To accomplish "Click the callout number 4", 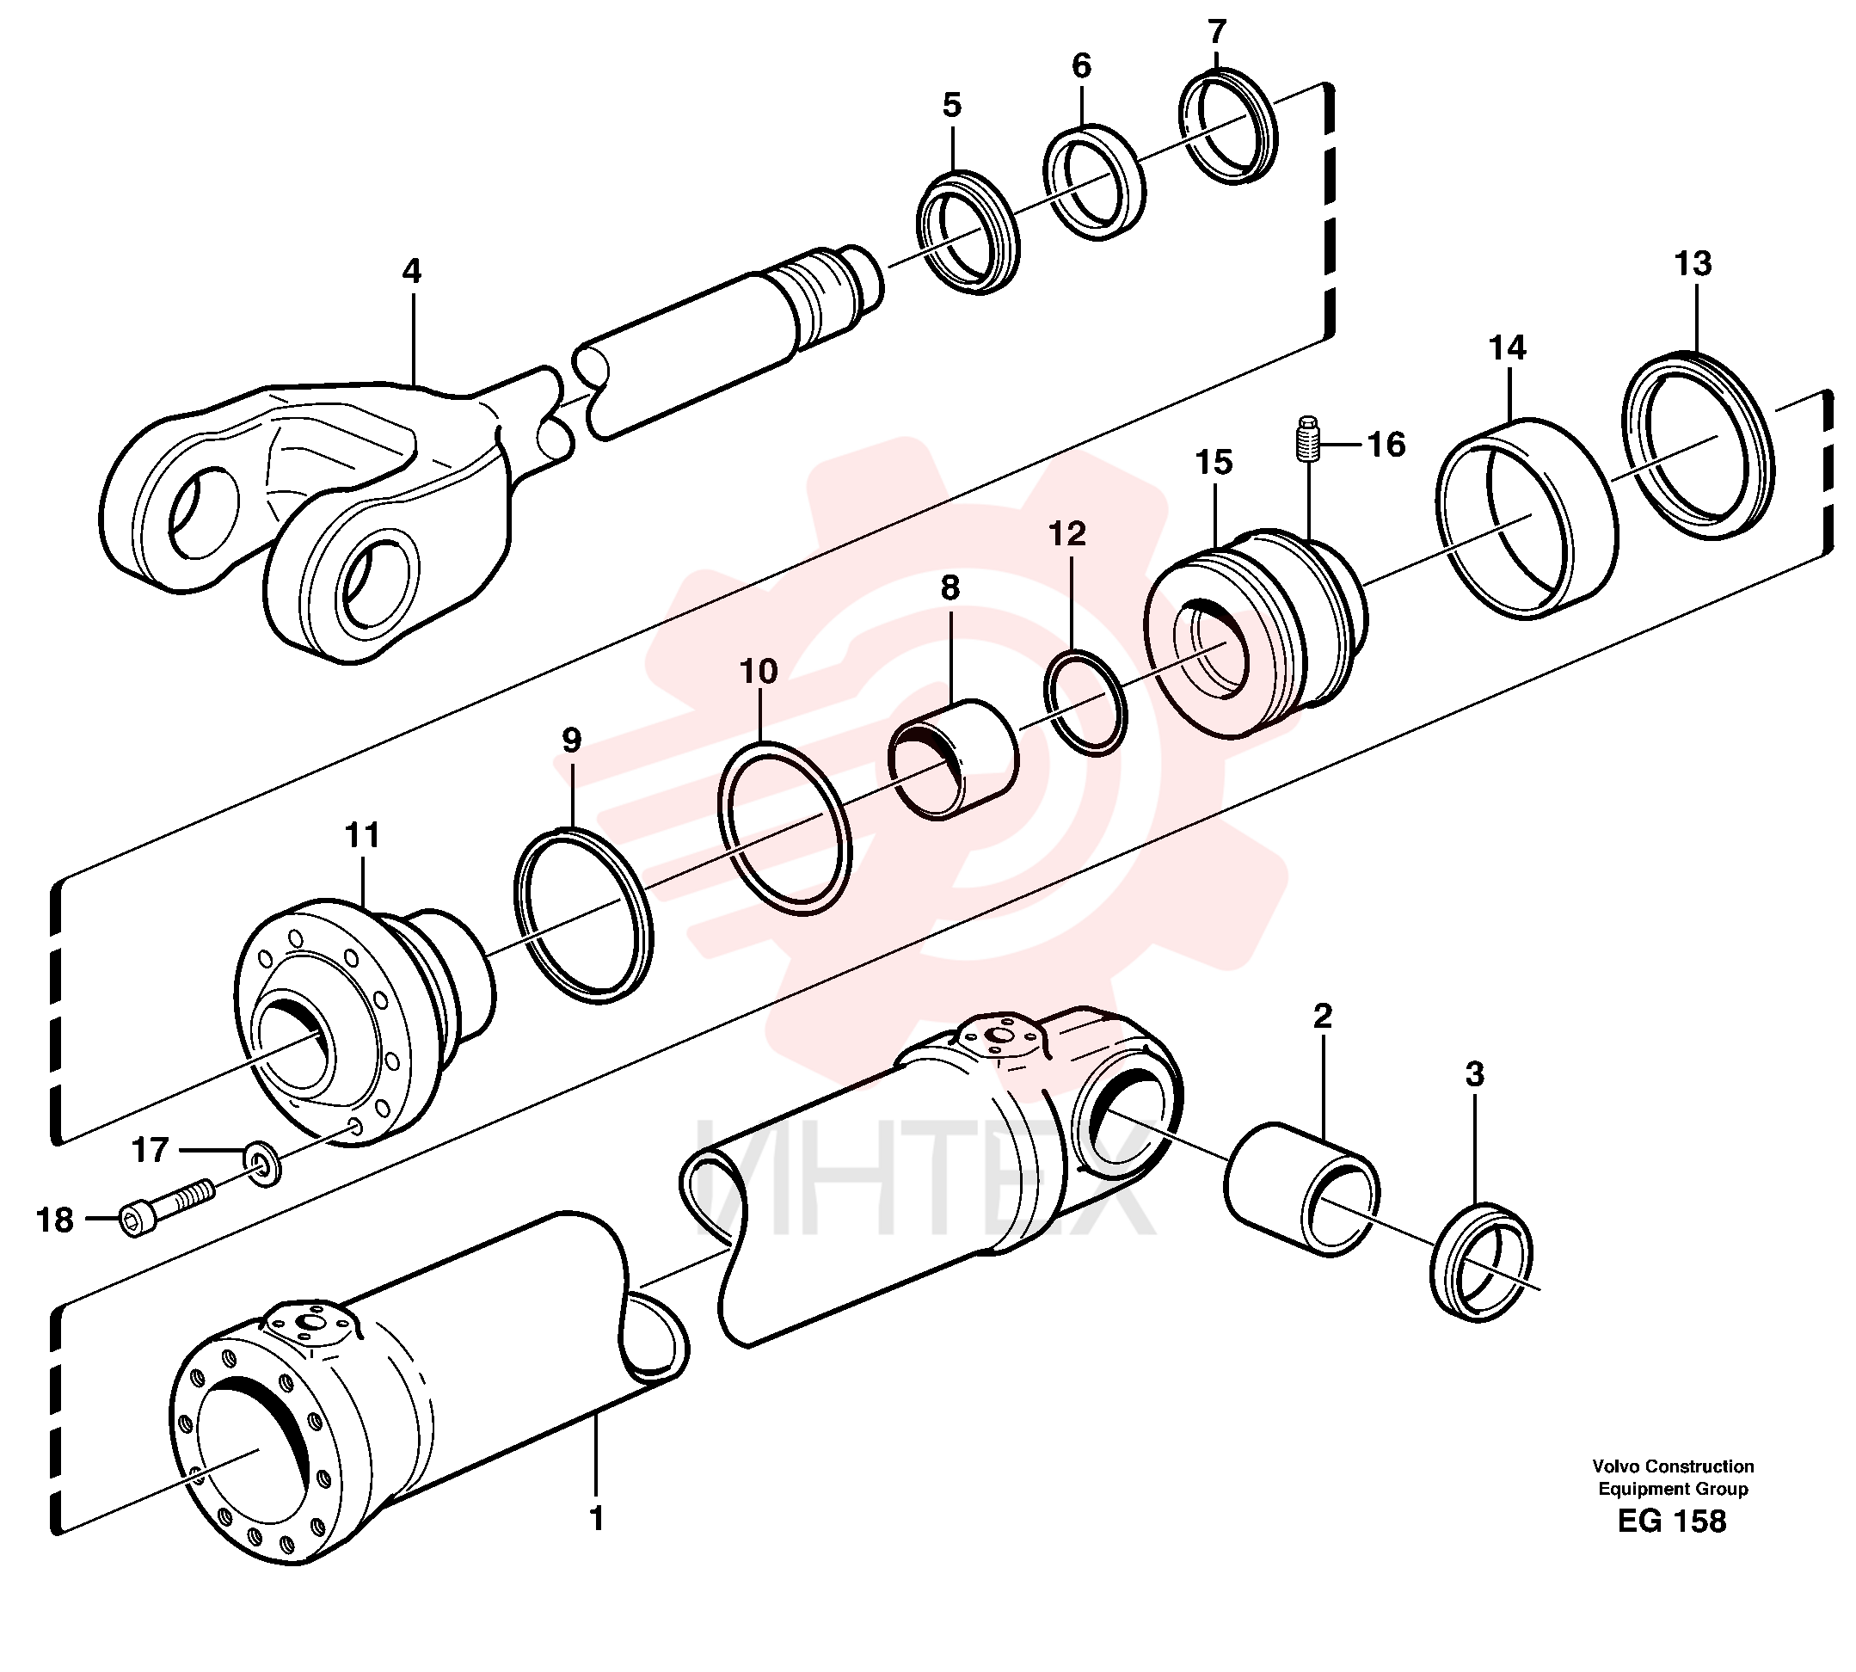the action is coord(412,271).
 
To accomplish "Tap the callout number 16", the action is coord(1386,445).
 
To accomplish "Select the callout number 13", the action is coord(1693,264).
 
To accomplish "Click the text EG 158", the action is coord(1672,1521).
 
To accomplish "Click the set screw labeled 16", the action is coord(1308,440).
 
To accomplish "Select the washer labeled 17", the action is coord(264,1165).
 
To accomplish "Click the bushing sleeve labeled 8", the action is coord(952,759).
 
